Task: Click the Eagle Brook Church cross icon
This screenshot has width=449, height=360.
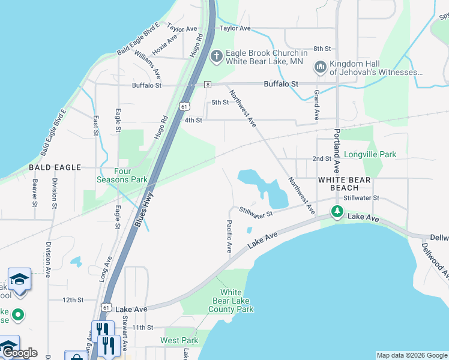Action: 216,57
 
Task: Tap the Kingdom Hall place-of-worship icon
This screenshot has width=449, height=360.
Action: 319,67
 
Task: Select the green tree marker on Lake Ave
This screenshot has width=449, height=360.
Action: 337,212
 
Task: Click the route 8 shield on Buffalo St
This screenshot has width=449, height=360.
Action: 208,85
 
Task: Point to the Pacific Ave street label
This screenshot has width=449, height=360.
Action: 229,236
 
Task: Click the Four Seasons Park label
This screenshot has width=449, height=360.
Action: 122,175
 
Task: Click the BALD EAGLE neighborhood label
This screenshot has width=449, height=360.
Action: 55,167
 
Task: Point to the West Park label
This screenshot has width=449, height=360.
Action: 179,340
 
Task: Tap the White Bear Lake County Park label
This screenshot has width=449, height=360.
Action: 231,301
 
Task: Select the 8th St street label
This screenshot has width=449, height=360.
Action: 322,49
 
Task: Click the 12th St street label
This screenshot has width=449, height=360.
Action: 72,299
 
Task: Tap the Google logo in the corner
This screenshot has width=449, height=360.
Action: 19,353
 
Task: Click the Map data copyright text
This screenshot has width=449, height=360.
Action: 411,355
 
